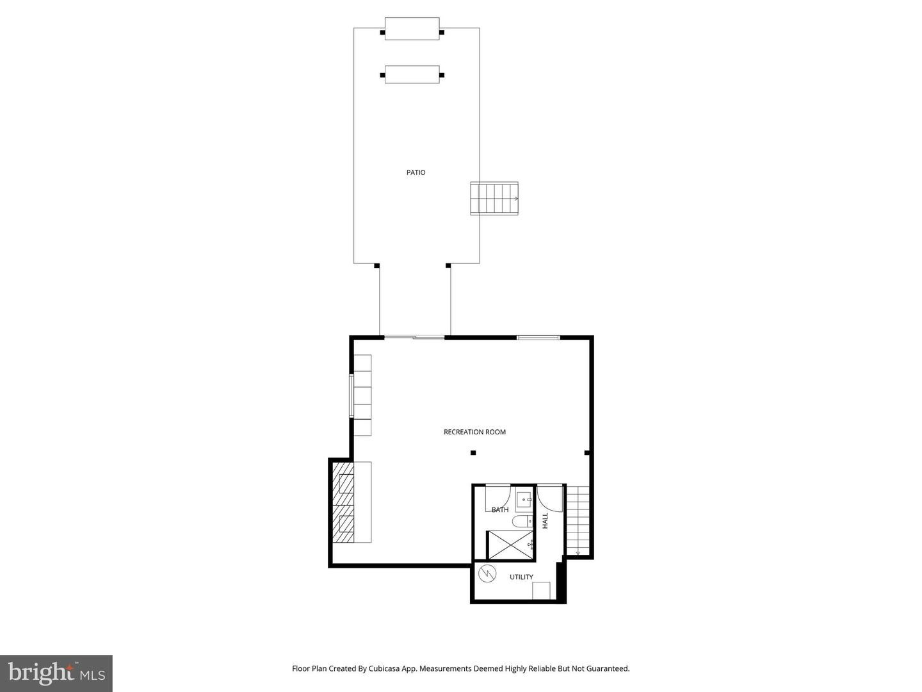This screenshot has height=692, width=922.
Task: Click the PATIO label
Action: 416,172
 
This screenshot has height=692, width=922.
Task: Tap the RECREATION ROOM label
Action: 474,432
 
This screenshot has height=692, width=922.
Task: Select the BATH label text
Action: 500,510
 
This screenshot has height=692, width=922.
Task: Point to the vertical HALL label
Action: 546,520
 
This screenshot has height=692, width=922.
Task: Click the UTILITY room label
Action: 521,577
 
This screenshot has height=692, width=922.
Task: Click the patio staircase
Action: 494,199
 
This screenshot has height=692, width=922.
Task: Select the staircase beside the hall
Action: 578,520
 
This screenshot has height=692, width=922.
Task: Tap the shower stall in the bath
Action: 511,545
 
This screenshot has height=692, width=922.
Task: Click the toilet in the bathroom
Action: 522,521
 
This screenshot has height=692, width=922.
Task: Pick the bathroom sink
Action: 524,498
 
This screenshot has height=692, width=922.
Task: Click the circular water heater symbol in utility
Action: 487,573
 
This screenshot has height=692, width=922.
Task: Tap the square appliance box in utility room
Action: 541,590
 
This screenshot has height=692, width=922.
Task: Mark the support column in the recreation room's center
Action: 473,453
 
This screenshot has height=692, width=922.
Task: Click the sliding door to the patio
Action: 414,337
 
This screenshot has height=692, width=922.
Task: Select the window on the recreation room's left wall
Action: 351,395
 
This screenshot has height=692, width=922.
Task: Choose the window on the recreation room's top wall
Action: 538,337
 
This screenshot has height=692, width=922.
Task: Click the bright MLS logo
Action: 56,673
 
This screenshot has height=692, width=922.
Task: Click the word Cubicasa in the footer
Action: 385,668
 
